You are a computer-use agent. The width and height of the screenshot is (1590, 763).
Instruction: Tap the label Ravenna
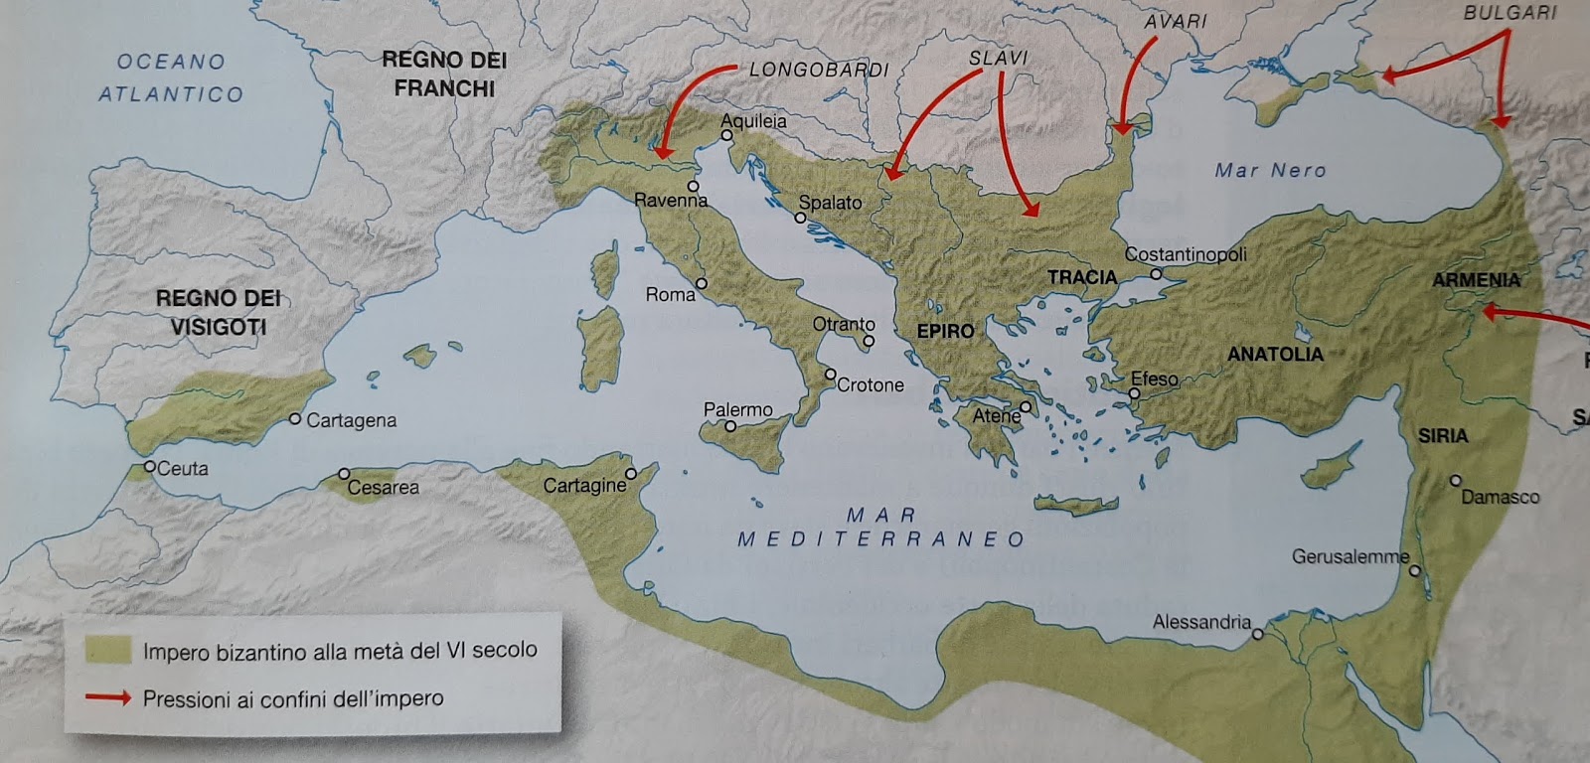(671, 201)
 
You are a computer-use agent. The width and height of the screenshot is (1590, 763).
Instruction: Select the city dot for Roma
(702, 284)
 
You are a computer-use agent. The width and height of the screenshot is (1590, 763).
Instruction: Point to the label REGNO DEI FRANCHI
(444, 74)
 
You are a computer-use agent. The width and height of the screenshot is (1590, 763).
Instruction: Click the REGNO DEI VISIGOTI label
(218, 312)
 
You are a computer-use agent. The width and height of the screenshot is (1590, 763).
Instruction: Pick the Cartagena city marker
(295, 419)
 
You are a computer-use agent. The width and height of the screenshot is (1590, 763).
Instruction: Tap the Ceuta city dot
(149, 466)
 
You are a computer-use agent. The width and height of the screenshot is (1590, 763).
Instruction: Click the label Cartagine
(584, 486)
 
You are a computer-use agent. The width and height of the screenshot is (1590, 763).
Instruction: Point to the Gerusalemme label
(1350, 556)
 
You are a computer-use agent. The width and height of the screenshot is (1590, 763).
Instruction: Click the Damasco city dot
(1455, 480)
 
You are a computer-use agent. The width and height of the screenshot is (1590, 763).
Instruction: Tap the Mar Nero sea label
(1270, 170)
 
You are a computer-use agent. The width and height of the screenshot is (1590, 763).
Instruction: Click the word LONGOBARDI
(819, 70)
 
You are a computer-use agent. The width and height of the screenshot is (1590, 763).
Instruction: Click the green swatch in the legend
(107, 651)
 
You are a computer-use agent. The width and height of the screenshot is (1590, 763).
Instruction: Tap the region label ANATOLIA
(1275, 354)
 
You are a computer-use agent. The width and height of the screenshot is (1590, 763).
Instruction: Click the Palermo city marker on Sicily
(730, 426)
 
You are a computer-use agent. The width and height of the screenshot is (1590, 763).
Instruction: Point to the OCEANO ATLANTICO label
(171, 77)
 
